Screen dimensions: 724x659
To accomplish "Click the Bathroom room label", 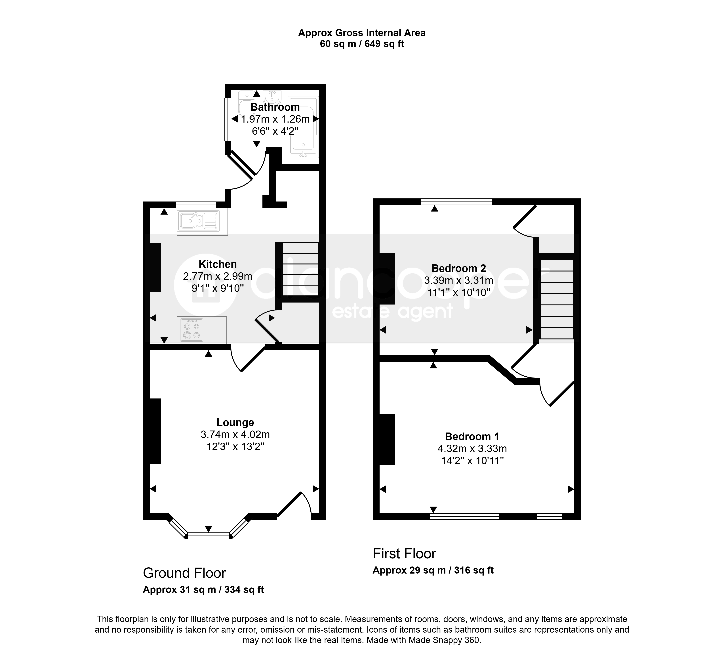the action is [x=275, y=107].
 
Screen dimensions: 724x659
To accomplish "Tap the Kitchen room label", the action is [x=218, y=264].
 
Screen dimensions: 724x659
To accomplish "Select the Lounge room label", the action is [x=235, y=422].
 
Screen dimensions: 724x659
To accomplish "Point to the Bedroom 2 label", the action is [x=459, y=268].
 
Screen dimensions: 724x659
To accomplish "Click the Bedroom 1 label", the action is [x=472, y=436].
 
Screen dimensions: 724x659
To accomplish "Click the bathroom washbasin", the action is [x=272, y=97].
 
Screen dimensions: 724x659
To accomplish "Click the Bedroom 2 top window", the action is [x=456, y=202].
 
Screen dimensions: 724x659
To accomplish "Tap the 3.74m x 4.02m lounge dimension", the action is [x=235, y=435].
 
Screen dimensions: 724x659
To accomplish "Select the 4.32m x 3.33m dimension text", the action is [x=472, y=449].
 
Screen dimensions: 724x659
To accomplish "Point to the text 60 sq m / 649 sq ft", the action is [x=362, y=44].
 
